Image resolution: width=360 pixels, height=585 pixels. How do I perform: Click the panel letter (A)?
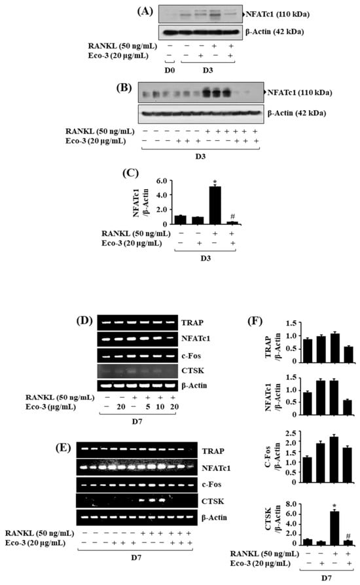145,12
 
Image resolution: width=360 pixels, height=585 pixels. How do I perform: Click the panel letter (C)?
130,173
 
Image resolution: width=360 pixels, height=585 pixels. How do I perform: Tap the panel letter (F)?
255,320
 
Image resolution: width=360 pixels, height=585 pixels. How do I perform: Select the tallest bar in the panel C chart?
215,205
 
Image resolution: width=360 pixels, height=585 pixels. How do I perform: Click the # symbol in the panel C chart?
232,216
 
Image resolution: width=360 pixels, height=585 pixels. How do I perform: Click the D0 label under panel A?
170,70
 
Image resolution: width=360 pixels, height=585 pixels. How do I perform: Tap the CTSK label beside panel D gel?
192,371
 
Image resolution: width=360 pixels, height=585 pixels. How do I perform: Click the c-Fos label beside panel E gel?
211,484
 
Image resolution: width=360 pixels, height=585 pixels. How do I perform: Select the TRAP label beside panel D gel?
192,323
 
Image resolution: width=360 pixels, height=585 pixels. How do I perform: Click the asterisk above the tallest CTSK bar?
334,506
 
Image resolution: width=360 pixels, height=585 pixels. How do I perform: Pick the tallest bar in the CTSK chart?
334,528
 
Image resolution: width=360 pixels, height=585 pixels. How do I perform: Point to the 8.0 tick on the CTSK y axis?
291,504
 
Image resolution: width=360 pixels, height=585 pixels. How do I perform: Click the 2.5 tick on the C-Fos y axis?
291,433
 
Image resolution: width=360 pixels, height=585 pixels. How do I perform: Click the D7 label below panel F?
327,578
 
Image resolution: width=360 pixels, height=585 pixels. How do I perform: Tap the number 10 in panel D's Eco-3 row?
160,407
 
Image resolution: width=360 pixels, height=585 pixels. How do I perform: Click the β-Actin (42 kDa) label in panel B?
297,113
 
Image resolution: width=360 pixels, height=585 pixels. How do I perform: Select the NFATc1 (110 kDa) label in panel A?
278,14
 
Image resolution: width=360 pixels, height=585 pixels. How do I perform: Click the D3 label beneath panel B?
200,157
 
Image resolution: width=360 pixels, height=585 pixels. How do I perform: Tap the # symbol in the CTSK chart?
348,536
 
